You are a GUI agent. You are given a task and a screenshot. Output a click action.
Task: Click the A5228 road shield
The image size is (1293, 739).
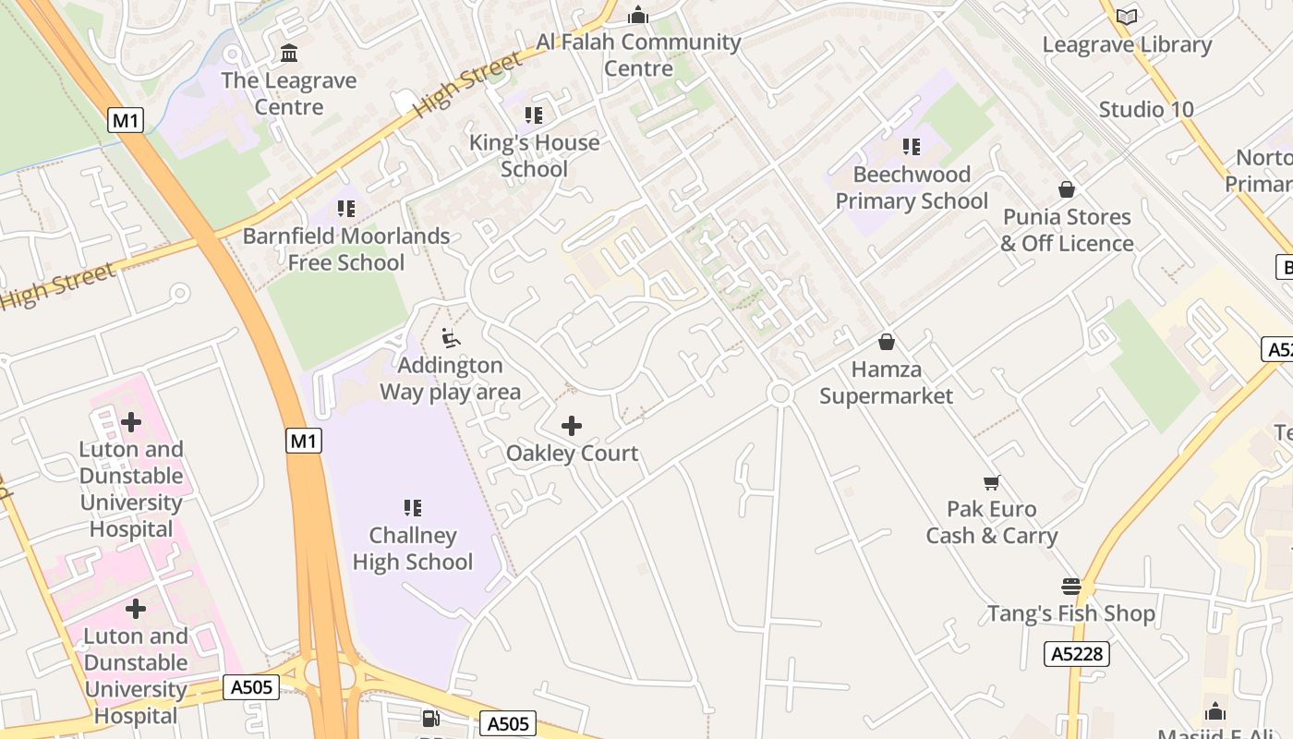(x=1077, y=654)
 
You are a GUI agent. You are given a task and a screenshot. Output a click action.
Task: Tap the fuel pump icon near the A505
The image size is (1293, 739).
(x=430, y=718)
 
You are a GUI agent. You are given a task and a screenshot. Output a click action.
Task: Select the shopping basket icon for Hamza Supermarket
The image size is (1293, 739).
(x=887, y=342)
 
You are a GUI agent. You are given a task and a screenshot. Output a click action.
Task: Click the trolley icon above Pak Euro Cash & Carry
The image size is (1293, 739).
(x=992, y=482)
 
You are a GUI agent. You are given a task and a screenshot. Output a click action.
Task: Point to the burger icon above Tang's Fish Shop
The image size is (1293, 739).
(x=1071, y=587)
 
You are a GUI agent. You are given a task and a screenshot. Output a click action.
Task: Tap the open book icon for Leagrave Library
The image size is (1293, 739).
(x=1127, y=17)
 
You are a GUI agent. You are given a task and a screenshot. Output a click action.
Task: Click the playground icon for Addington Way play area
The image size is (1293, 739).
(x=451, y=338)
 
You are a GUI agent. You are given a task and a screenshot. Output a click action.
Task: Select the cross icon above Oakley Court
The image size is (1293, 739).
(x=572, y=426)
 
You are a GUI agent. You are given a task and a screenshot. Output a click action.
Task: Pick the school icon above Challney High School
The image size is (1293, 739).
(x=413, y=508)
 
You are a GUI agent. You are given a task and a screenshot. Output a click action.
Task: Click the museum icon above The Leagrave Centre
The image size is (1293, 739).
(x=289, y=53)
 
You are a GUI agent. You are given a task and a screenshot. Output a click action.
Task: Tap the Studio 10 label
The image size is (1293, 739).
(x=1146, y=110)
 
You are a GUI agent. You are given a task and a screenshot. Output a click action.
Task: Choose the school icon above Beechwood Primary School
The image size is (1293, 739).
(x=912, y=147)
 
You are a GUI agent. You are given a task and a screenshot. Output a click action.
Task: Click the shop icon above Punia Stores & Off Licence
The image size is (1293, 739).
(x=1067, y=189)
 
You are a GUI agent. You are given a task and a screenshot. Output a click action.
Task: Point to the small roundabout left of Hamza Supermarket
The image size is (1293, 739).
(x=780, y=394)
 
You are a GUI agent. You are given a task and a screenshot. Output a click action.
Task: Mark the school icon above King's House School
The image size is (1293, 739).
(x=534, y=115)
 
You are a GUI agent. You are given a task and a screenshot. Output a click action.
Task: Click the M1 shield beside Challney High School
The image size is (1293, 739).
(x=304, y=442)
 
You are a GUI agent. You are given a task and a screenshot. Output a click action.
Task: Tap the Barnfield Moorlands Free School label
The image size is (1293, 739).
(x=346, y=249)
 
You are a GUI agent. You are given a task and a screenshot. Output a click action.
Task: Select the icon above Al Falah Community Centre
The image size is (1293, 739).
(x=638, y=16)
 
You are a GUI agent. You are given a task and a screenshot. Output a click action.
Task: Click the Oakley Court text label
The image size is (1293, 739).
(x=572, y=454)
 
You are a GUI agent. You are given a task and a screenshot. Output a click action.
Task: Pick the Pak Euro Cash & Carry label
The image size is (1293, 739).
(x=992, y=523)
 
